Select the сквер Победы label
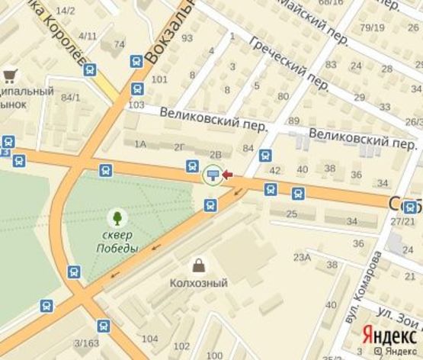[x=117, y=240]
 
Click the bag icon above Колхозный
[x=198, y=265]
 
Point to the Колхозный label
[x=198, y=283]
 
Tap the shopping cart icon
[x=10, y=75]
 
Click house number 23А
[x=302, y=258]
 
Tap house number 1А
[x=139, y=143]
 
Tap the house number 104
[x=150, y=339]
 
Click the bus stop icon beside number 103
[x=136, y=88]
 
